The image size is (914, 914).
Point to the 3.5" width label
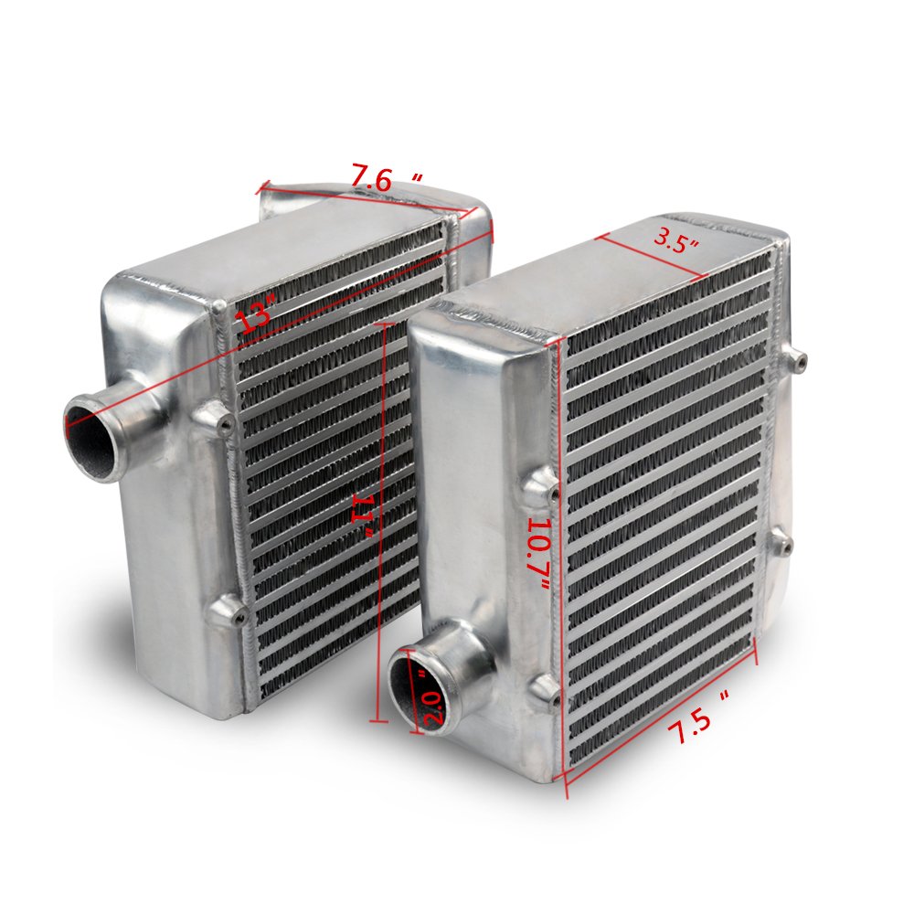(677, 242)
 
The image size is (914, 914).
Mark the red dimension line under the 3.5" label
(651, 255)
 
